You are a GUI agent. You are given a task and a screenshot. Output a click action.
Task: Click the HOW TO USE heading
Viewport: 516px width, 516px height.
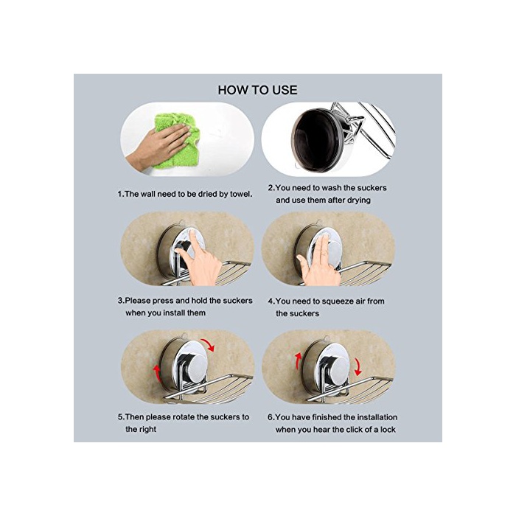(x=257, y=90)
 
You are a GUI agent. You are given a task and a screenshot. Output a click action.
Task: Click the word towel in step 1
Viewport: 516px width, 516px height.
(x=241, y=194)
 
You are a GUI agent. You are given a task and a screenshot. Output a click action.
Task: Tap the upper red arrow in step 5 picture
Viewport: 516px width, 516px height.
(x=208, y=344)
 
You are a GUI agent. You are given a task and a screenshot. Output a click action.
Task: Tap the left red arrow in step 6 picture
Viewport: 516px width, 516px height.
(x=298, y=362)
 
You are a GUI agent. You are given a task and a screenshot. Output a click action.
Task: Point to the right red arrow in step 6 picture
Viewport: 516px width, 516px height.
(x=358, y=367)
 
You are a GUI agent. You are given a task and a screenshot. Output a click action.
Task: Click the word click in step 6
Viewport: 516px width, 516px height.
(x=357, y=430)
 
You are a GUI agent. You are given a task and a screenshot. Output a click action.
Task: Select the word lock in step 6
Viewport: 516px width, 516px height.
(x=388, y=430)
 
